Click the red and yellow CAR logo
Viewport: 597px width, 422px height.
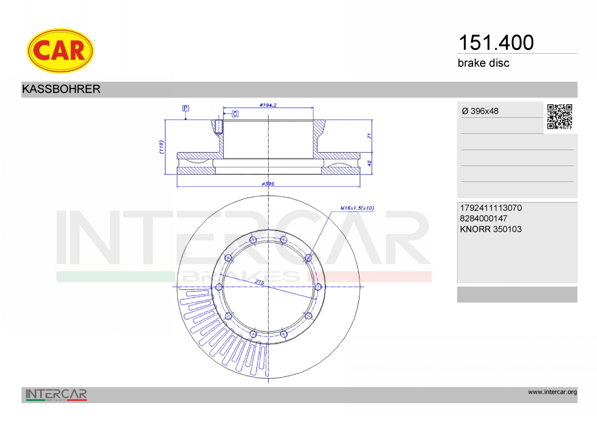click(x=60, y=51)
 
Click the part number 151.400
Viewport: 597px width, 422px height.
click(x=496, y=43)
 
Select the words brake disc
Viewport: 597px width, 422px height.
click(x=484, y=63)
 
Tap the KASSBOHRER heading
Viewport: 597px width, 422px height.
click(x=61, y=89)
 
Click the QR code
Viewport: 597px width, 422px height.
click(x=560, y=117)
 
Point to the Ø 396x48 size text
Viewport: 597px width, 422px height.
click(x=480, y=111)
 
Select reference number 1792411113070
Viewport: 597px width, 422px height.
click(x=491, y=208)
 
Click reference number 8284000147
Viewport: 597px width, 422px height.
click(x=484, y=218)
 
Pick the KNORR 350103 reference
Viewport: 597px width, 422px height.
click(x=491, y=229)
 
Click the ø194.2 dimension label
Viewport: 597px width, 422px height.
click(x=268, y=105)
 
